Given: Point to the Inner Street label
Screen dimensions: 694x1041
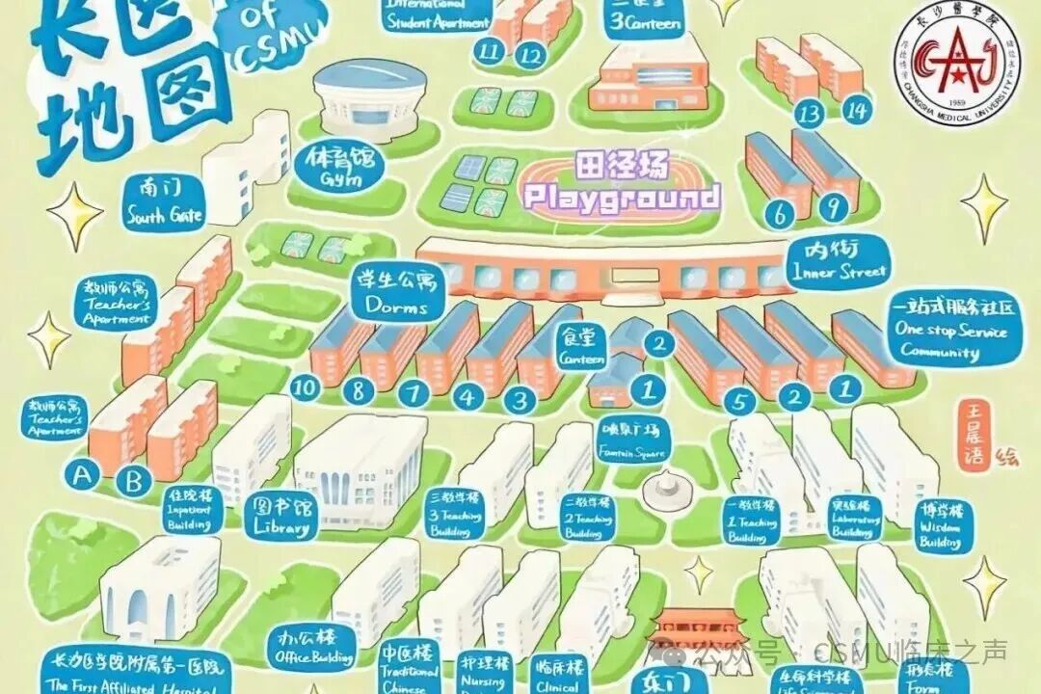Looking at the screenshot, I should [x=837, y=259].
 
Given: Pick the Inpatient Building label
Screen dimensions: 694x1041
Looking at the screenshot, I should [x=189, y=509].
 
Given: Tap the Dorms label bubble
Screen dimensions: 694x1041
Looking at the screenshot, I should [x=396, y=293].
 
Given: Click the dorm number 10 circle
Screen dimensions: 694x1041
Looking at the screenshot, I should [x=307, y=387].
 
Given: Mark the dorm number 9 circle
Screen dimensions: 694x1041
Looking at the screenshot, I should [x=836, y=206].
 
